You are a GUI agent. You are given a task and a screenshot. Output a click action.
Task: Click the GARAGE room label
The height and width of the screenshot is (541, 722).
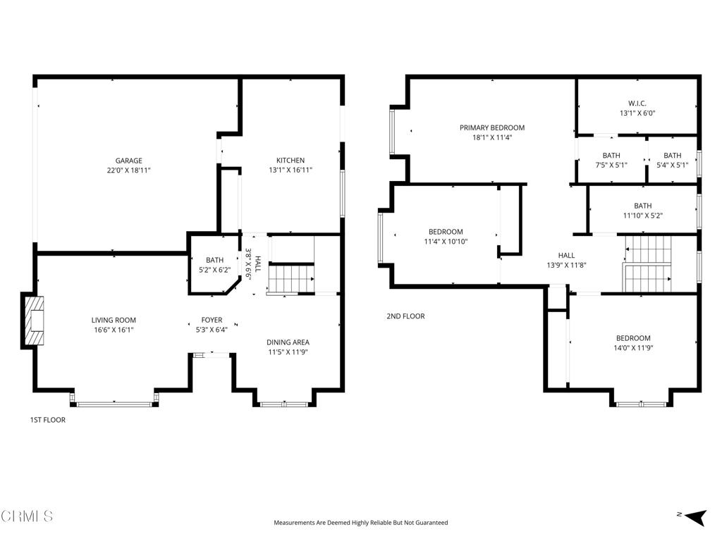click(x=129, y=161)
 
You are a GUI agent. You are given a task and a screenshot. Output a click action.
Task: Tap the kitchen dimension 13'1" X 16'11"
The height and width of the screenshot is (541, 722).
click(x=290, y=170)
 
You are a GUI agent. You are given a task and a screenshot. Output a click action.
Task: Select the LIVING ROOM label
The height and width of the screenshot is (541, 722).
click(x=114, y=320)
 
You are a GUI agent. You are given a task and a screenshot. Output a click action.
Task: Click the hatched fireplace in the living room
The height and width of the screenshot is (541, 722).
click(x=33, y=320)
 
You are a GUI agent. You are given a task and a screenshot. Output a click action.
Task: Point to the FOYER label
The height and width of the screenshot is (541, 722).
click(x=212, y=320)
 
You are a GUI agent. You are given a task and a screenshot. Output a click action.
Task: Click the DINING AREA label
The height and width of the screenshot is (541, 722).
click(x=288, y=342)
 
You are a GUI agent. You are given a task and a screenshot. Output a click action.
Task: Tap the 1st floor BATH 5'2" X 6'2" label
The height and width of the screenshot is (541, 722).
click(x=214, y=261)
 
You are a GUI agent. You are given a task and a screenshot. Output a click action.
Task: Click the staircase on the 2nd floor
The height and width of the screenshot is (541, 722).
click(x=649, y=263)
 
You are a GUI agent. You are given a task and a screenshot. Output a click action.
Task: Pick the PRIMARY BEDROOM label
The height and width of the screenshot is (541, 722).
click(x=492, y=128)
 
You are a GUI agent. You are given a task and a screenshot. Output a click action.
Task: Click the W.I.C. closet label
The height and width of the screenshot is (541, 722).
click(x=637, y=103)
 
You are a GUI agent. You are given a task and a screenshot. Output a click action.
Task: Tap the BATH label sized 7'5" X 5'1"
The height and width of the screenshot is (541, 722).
click(x=611, y=156)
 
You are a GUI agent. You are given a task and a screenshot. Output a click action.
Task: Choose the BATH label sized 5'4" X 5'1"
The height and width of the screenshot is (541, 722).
click(x=673, y=156)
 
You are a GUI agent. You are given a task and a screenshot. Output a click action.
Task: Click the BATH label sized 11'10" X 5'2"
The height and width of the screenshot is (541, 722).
click(x=642, y=206)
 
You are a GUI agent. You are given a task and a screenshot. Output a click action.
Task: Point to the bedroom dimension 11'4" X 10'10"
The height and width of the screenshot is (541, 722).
click(x=446, y=242)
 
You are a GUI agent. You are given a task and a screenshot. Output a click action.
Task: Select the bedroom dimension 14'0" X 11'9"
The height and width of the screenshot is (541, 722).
click(x=633, y=347)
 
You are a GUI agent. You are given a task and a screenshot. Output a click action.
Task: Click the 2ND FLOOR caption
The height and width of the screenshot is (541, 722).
click(x=405, y=316)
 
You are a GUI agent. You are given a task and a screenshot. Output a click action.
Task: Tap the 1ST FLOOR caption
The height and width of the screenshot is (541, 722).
click(x=47, y=420)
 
